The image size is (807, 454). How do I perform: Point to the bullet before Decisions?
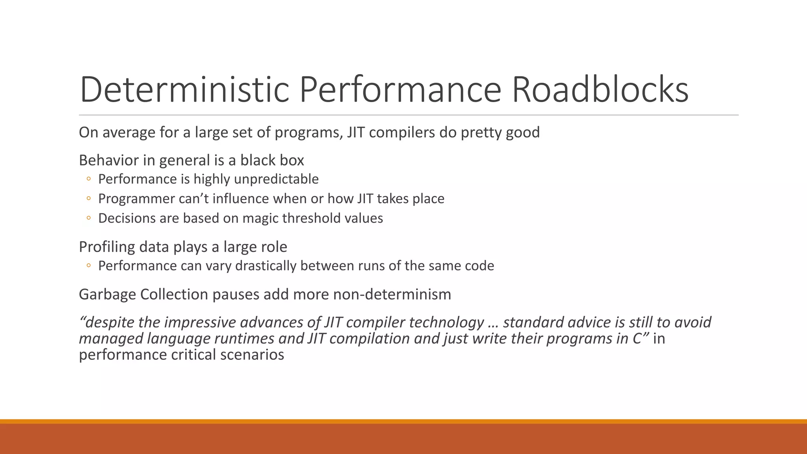click(89, 218)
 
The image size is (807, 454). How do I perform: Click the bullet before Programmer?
click(89, 199)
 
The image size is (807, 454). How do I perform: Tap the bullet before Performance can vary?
click(89, 266)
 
